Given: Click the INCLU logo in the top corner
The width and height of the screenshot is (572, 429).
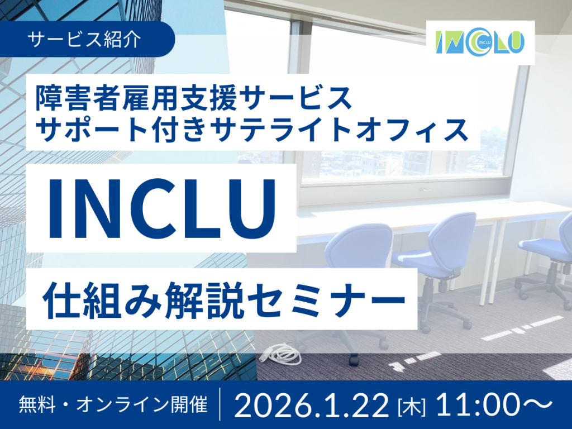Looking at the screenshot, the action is (x=480, y=43).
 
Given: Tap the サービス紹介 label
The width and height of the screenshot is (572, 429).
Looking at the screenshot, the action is (x=84, y=39).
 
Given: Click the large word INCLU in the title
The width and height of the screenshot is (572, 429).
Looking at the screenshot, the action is (x=161, y=208).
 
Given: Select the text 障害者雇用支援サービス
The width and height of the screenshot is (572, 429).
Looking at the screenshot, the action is (x=194, y=97).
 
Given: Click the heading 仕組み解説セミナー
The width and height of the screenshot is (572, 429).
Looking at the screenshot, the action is (x=223, y=299).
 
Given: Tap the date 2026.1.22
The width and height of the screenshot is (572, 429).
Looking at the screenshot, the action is (x=312, y=405).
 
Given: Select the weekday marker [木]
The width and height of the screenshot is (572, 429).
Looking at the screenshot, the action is (x=412, y=407).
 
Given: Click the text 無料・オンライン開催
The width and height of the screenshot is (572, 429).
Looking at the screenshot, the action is (x=113, y=404).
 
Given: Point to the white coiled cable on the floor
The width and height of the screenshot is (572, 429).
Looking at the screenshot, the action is (x=283, y=353).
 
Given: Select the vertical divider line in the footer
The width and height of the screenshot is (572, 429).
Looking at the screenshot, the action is (x=220, y=404).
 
